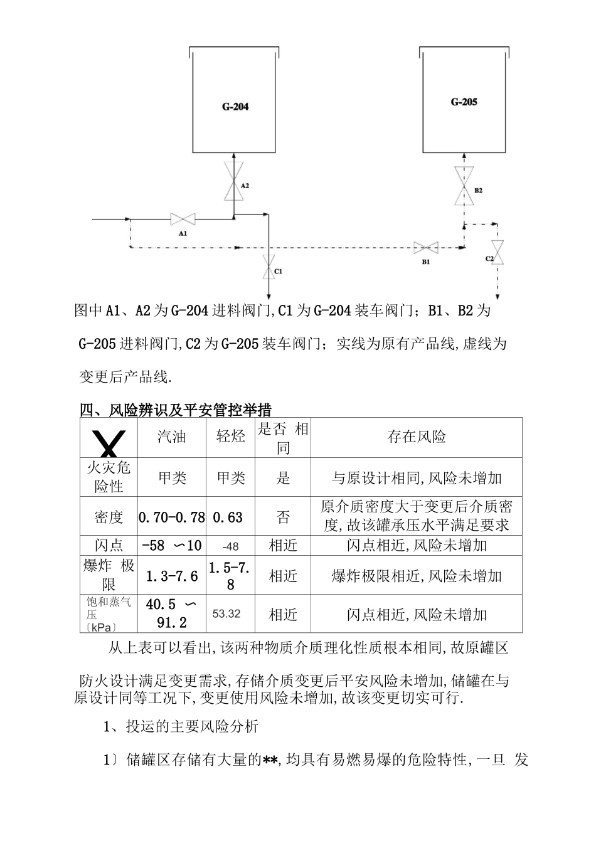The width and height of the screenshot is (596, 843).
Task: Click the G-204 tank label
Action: point(235,107)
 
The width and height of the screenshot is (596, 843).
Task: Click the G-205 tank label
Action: point(464,102)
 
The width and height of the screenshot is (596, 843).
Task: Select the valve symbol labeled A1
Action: point(183,219)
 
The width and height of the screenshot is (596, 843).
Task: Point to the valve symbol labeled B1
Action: point(425,248)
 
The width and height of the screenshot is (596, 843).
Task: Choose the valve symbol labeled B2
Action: point(464,186)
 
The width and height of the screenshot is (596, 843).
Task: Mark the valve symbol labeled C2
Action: point(498,252)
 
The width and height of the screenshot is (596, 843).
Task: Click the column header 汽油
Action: point(172,437)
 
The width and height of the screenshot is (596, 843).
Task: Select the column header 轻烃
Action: point(231,437)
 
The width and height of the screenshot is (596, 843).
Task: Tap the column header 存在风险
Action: point(417,437)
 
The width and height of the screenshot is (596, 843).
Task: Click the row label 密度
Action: point(109,517)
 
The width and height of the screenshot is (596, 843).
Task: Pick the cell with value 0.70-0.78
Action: point(172,517)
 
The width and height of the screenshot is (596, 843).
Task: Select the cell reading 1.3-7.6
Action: point(172,576)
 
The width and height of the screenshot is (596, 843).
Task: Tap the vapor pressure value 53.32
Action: point(226,613)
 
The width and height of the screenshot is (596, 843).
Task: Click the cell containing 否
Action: point(284,517)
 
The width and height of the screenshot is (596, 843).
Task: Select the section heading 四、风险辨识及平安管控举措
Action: point(176,411)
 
